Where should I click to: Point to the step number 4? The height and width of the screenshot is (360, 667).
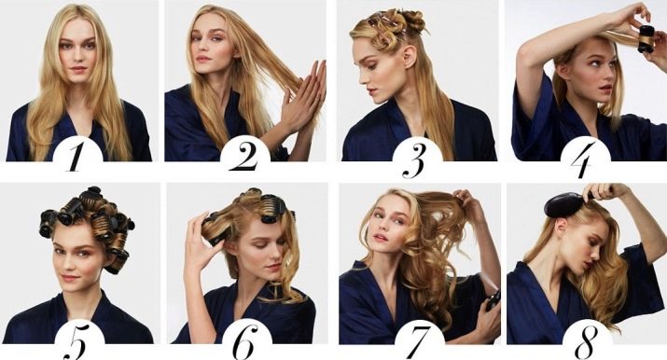pyautogui.click(x=583, y=159)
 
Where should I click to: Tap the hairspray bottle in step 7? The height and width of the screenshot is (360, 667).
pyautogui.click(x=493, y=300)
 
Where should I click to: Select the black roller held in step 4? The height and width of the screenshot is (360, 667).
pyautogui.click(x=646, y=39)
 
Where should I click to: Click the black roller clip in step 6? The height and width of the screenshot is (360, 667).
pyautogui.click(x=271, y=208)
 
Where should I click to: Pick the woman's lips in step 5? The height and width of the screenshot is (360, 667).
pyautogui.click(x=70, y=279)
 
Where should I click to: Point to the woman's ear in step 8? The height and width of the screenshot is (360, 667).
pyautogui.click(x=563, y=225)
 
